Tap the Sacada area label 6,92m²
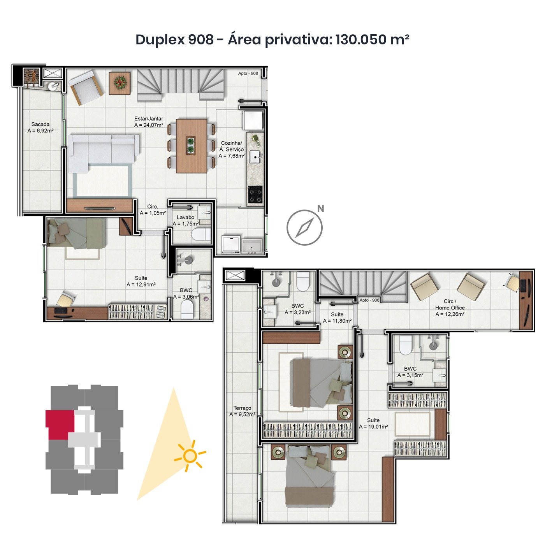[x=40, y=131]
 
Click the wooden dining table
[x=192, y=146]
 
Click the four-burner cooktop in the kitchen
[x=255, y=194]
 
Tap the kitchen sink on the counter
[x=255, y=157]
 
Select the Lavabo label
[x=185, y=217]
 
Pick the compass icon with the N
[x=305, y=227]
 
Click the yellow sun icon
[x=190, y=455]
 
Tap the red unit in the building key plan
[x=59, y=424]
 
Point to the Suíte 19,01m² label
[x=373, y=424]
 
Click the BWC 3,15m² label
[x=410, y=372]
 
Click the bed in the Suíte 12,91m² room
[x=76, y=233]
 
